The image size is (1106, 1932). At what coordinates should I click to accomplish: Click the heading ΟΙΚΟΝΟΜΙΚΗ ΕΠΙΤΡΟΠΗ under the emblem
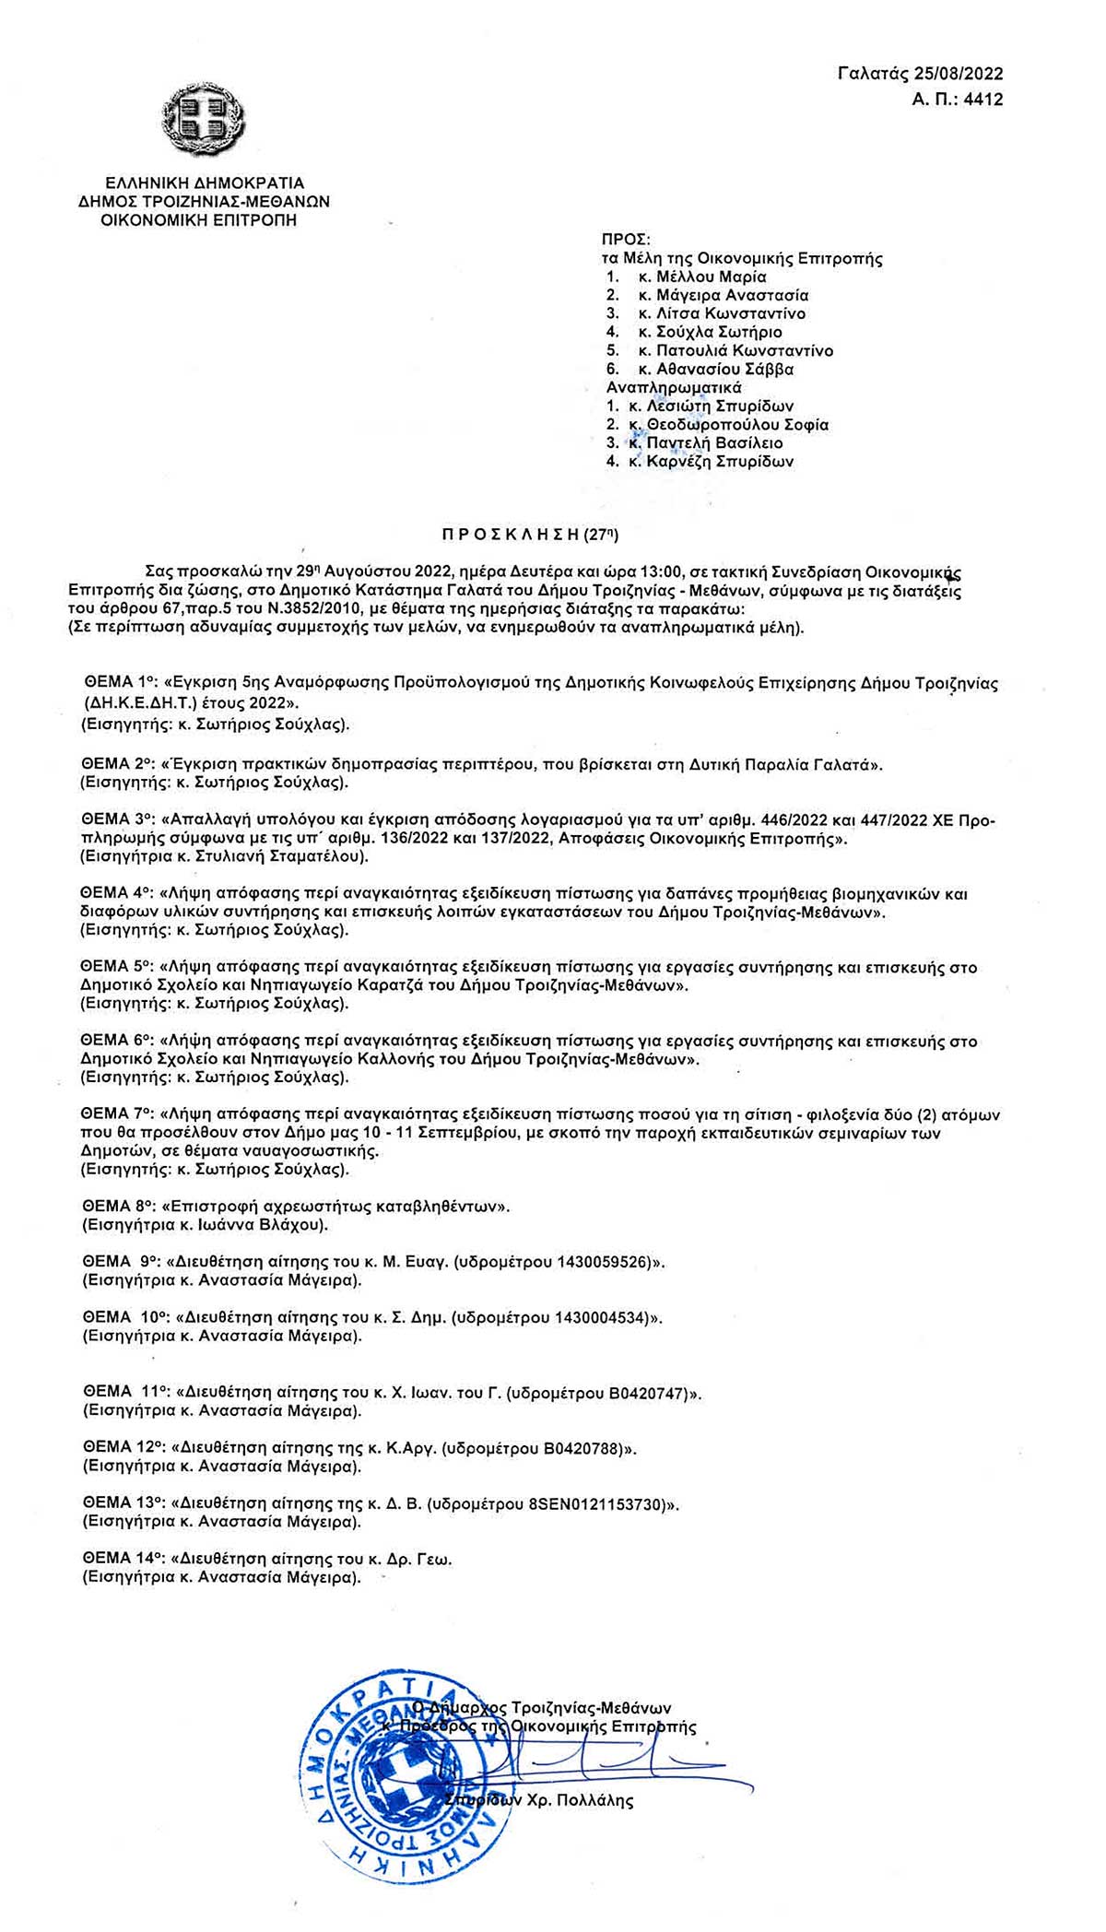[199, 220]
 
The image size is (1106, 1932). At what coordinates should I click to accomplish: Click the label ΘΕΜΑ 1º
[116, 683]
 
